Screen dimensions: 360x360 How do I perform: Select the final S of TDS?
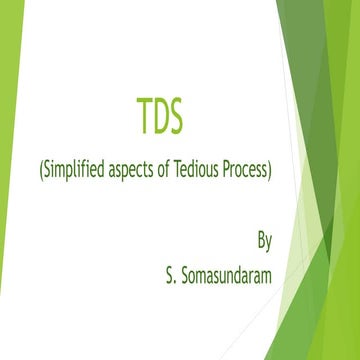tap(176, 118)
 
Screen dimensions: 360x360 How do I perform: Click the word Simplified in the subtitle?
tap(73, 172)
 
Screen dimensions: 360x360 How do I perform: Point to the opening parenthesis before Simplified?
tap(40, 172)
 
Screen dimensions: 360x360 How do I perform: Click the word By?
tap(264, 241)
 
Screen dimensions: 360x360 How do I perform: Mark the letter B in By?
tap(260, 240)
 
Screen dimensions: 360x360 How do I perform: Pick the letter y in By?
tap(269, 243)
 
